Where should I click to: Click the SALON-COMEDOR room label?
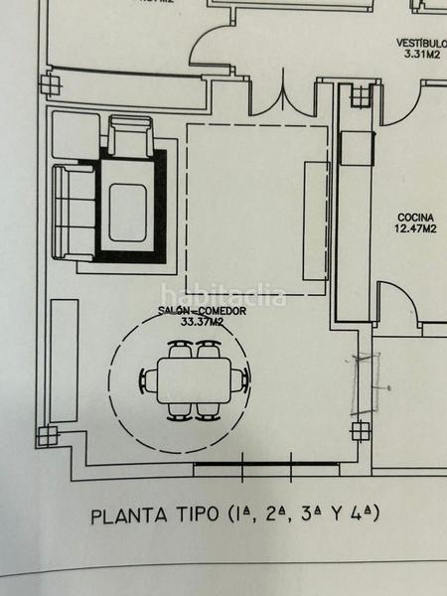[x=200, y=312]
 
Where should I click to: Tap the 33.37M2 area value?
[x=200, y=323]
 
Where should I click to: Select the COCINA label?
[x=417, y=218]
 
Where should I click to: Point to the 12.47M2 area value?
[x=417, y=228]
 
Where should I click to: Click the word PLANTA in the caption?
[x=126, y=517]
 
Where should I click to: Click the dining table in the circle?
[x=195, y=379]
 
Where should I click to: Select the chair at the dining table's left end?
[x=149, y=380]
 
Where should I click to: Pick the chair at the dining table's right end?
[x=241, y=379]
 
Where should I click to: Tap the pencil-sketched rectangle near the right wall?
[x=363, y=382]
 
